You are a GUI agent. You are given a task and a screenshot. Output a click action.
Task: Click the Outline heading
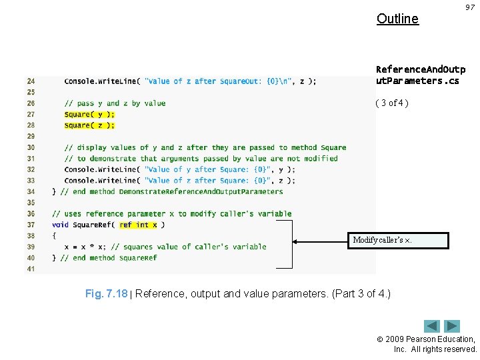tap(397, 19)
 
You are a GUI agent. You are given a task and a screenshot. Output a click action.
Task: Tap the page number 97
tap(469, 7)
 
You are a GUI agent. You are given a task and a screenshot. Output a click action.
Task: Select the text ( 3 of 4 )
tap(392, 103)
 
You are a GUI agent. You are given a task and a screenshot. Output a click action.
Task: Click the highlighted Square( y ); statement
tap(89, 114)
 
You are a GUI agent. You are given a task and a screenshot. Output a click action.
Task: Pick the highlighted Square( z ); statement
tap(89, 125)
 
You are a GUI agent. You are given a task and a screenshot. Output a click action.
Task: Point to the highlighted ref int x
tap(138, 225)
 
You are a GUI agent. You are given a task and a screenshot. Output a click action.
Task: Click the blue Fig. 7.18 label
tap(107, 294)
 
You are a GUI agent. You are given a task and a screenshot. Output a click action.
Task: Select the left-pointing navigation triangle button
tap(432, 327)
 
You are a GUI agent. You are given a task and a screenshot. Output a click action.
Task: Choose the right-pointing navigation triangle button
tap(453, 327)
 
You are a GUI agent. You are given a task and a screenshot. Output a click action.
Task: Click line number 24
tap(31, 81)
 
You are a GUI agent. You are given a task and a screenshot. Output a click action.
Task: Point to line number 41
tap(31, 269)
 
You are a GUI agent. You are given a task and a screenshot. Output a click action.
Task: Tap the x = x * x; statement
tap(89, 247)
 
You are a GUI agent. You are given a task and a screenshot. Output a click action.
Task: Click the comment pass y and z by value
tap(115, 103)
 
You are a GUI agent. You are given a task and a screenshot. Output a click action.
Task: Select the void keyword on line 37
tap(60, 225)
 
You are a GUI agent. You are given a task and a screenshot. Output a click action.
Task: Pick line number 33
tap(31, 181)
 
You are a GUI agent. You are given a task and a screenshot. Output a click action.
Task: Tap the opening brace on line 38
tap(54, 236)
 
